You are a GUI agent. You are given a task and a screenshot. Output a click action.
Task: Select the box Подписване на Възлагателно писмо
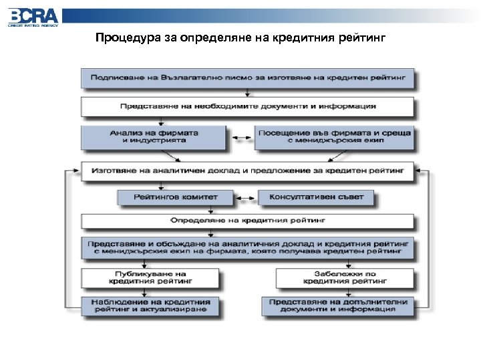pos(247,78)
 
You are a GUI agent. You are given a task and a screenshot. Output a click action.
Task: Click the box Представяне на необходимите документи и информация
pos(247,106)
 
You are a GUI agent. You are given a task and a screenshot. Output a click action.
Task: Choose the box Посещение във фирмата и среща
pos(334,137)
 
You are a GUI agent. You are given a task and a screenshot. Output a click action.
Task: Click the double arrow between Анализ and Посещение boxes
pos(244,138)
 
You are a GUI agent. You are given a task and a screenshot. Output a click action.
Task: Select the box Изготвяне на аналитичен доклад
pos(247,171)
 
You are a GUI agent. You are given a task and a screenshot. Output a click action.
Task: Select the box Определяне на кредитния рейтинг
pos(247,220)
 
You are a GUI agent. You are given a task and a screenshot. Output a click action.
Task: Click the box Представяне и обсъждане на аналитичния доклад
pos(247,248)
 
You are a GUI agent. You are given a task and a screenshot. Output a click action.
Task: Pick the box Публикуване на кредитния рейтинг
pos(150,277)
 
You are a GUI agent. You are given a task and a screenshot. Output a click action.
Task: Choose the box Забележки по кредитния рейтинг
pos(342,277)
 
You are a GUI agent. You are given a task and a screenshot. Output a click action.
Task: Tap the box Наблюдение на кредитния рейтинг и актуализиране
pos(150,306)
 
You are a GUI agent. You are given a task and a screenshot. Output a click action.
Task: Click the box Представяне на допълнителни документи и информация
pos(342,306)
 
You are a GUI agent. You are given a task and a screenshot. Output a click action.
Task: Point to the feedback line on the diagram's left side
pos(65,241)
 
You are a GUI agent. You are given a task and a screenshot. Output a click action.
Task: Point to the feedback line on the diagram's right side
pos(429,241)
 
